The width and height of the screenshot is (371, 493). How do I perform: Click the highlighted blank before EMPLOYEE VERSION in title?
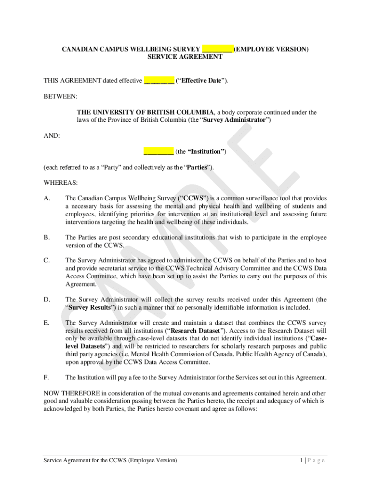(x=218, y=49)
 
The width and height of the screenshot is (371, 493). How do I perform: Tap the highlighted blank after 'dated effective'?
(x=159, y=80)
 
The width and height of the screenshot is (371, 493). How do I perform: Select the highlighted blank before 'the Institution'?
(x=159, y=151)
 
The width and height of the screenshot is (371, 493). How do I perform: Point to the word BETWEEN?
(x=60, y=96)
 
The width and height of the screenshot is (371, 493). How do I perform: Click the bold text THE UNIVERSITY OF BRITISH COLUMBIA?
(x=145, y=112)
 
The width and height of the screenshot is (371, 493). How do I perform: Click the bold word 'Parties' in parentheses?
(x=197, y=167)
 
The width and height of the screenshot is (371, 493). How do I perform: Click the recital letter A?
(x=46, y=198)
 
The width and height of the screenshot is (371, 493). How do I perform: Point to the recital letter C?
(x=46, y=260)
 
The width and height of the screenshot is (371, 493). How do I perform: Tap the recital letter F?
(x=46, y=377)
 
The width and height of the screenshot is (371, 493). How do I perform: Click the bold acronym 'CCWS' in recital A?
(x=193, y=198)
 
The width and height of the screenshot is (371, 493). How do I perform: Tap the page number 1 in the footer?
(x=301, y=460)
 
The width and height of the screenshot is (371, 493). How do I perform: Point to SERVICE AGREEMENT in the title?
(x=185, y=57)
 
